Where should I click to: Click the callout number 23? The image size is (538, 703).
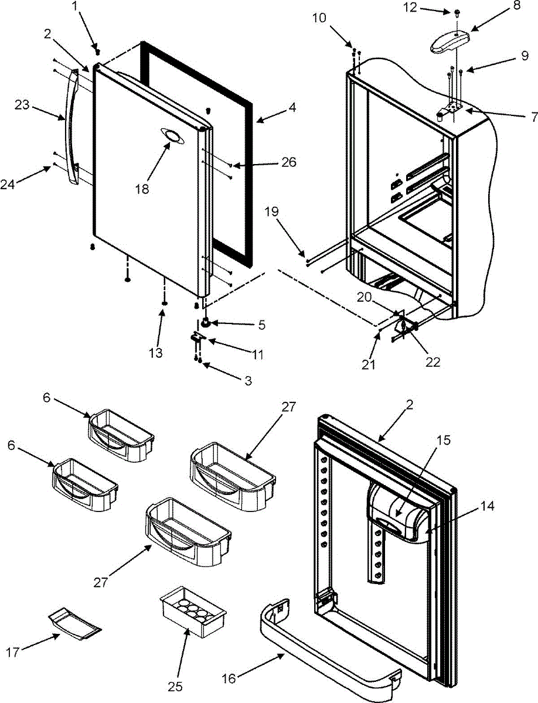click(x=22, y=105)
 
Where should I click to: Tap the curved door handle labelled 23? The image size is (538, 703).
click(x=73, y=126)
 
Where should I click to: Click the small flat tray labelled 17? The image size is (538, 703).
click(x=74, y=622)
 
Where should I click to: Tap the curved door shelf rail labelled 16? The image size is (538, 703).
click(x=328, y=644)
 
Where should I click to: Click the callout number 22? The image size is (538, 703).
click(x=433, y=362)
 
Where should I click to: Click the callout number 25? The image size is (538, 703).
click(x=175, y=685)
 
